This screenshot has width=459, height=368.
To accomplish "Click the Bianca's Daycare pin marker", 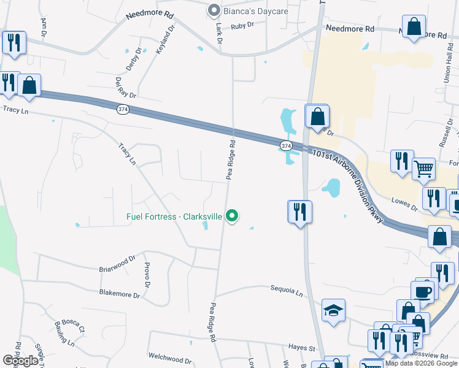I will [214, 10].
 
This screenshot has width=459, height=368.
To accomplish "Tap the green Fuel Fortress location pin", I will [232, 216].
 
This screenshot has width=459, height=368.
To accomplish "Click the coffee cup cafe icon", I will [423, 291].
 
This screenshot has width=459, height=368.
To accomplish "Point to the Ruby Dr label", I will [243, 26].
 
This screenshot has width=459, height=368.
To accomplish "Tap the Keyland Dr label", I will [161, 41].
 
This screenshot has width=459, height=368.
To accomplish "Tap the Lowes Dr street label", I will [404, 204].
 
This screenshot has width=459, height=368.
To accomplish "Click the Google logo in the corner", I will [20, 361].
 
